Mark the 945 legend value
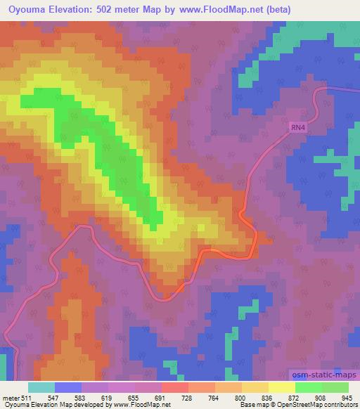[345, 398]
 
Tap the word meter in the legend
[10, 398]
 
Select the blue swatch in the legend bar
[67, 387]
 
